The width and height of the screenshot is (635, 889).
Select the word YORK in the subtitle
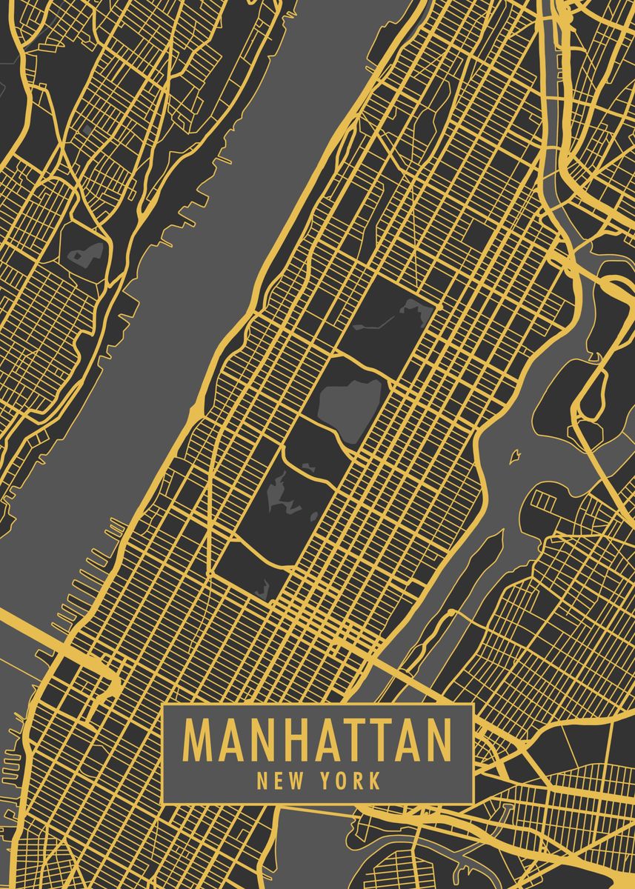(x=353, y=781)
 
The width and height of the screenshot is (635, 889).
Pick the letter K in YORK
(x=375, y=781)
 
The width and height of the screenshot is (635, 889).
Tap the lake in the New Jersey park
(x=86, y=253)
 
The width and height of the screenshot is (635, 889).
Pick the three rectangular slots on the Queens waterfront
(x=545, y=502)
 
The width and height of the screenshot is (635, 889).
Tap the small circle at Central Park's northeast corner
(x=437, y=304)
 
